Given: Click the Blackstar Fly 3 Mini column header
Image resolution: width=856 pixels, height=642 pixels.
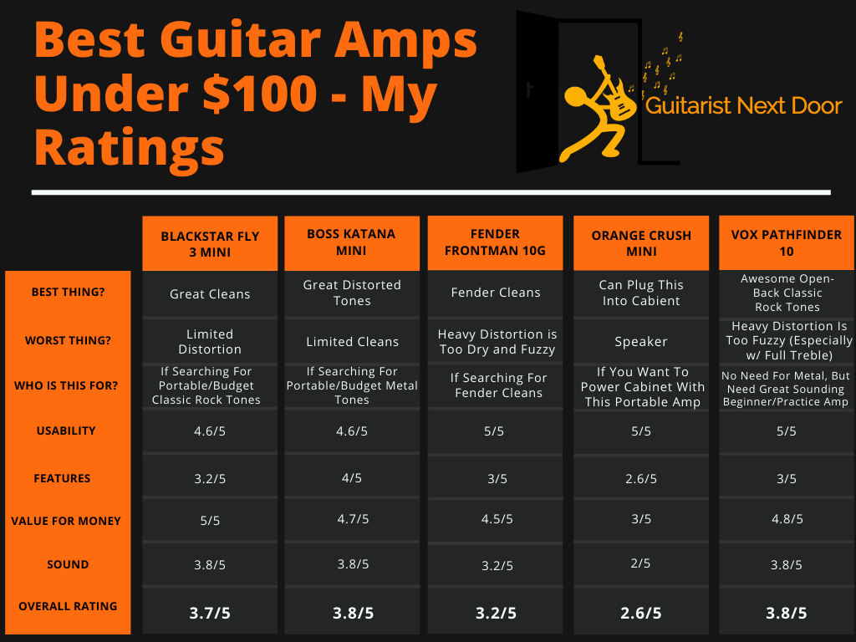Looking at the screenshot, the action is (x=210, y=244).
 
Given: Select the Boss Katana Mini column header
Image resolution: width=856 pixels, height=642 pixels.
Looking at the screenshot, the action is (x=351, y=242).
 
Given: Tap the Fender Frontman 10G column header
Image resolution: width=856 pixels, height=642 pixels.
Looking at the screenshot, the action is (x=495, y=242).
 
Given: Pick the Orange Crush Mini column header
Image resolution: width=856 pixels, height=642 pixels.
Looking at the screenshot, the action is (x=641, y=243).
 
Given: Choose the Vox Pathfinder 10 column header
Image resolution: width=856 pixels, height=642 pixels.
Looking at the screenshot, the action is (x=786, y=243).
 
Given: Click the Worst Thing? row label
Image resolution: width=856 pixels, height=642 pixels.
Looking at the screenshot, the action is (x=68, y=341).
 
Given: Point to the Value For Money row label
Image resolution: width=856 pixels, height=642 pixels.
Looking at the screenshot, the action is (x=66, y=521).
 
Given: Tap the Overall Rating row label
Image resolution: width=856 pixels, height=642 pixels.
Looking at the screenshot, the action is (x=68, y=606).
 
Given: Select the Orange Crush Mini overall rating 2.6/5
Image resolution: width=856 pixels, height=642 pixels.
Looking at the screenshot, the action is (x=641, y=613).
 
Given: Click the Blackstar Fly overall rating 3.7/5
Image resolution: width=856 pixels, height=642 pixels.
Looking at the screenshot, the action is (x=210, y=613).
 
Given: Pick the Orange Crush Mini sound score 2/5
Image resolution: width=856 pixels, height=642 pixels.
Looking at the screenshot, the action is (x=640, y=563).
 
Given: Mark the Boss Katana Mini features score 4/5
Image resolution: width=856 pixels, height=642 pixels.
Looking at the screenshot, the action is (x=352, y=478).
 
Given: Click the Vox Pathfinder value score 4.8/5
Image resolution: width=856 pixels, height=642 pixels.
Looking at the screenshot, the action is (x=787, y=518).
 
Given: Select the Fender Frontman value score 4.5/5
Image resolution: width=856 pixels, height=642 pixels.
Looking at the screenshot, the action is (x=497, y=518).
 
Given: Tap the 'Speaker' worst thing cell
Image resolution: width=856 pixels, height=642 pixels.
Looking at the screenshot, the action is (x=641, y=342).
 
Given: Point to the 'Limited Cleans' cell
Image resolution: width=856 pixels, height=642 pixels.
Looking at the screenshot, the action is (x=352, y=342).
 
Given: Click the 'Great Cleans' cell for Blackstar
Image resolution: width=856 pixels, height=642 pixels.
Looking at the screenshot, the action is (x=210, y=294).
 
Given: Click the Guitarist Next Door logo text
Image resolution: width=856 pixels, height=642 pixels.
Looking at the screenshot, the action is (x=743, y=105).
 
